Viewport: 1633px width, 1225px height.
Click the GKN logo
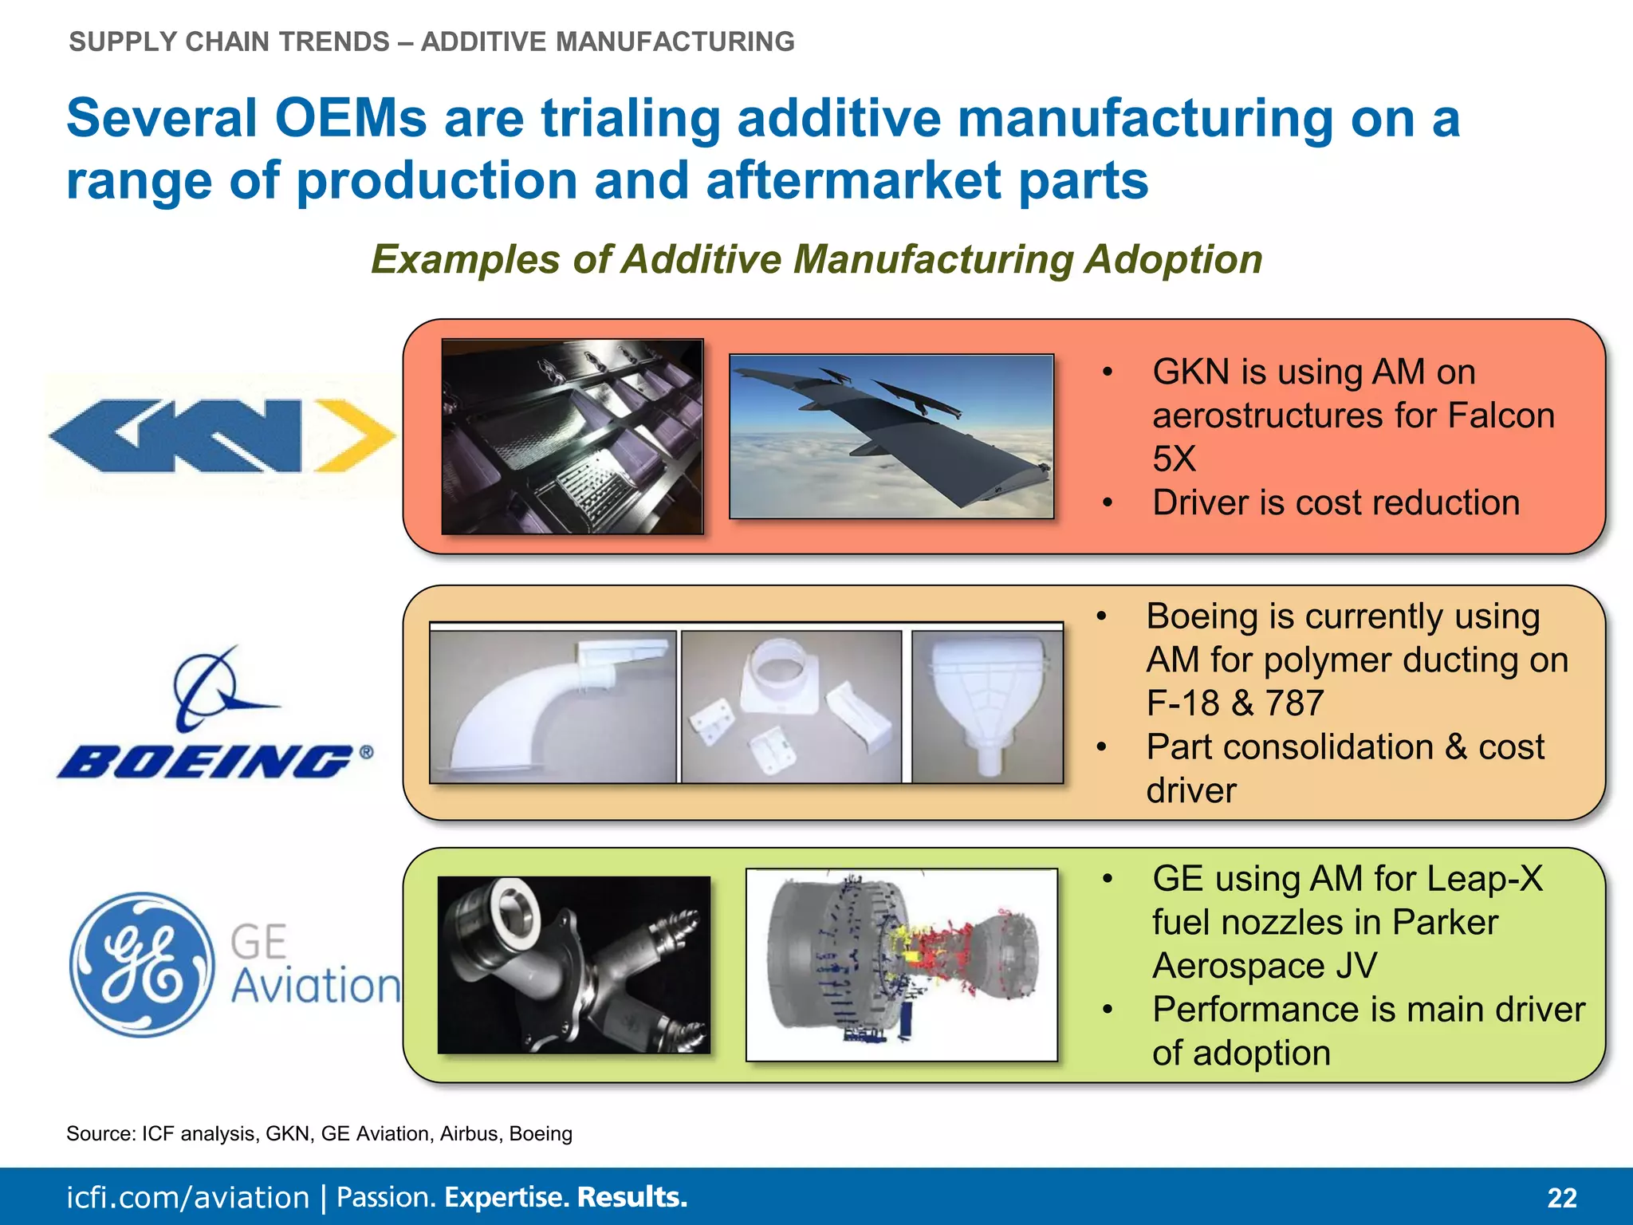(222, 436)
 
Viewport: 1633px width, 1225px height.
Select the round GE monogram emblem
(141, 964)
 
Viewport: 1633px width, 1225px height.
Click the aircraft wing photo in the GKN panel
(891, 436)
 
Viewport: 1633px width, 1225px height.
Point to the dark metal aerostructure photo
(573, 436)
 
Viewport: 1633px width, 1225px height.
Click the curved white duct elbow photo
(553, 707)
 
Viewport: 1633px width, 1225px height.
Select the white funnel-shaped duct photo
(987, 707)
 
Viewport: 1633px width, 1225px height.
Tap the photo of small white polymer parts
(792, 707)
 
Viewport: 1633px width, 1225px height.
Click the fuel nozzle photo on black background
(574, 965)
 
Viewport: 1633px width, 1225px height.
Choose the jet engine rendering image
(902, 965)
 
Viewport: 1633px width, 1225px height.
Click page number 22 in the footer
(1561, 1198)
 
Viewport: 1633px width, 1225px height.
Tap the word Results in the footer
(632, 1197)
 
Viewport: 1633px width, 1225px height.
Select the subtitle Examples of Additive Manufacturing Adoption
(816, 259)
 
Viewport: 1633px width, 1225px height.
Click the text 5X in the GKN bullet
(1174, 459)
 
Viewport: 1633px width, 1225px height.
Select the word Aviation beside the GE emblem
(316, 986)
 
